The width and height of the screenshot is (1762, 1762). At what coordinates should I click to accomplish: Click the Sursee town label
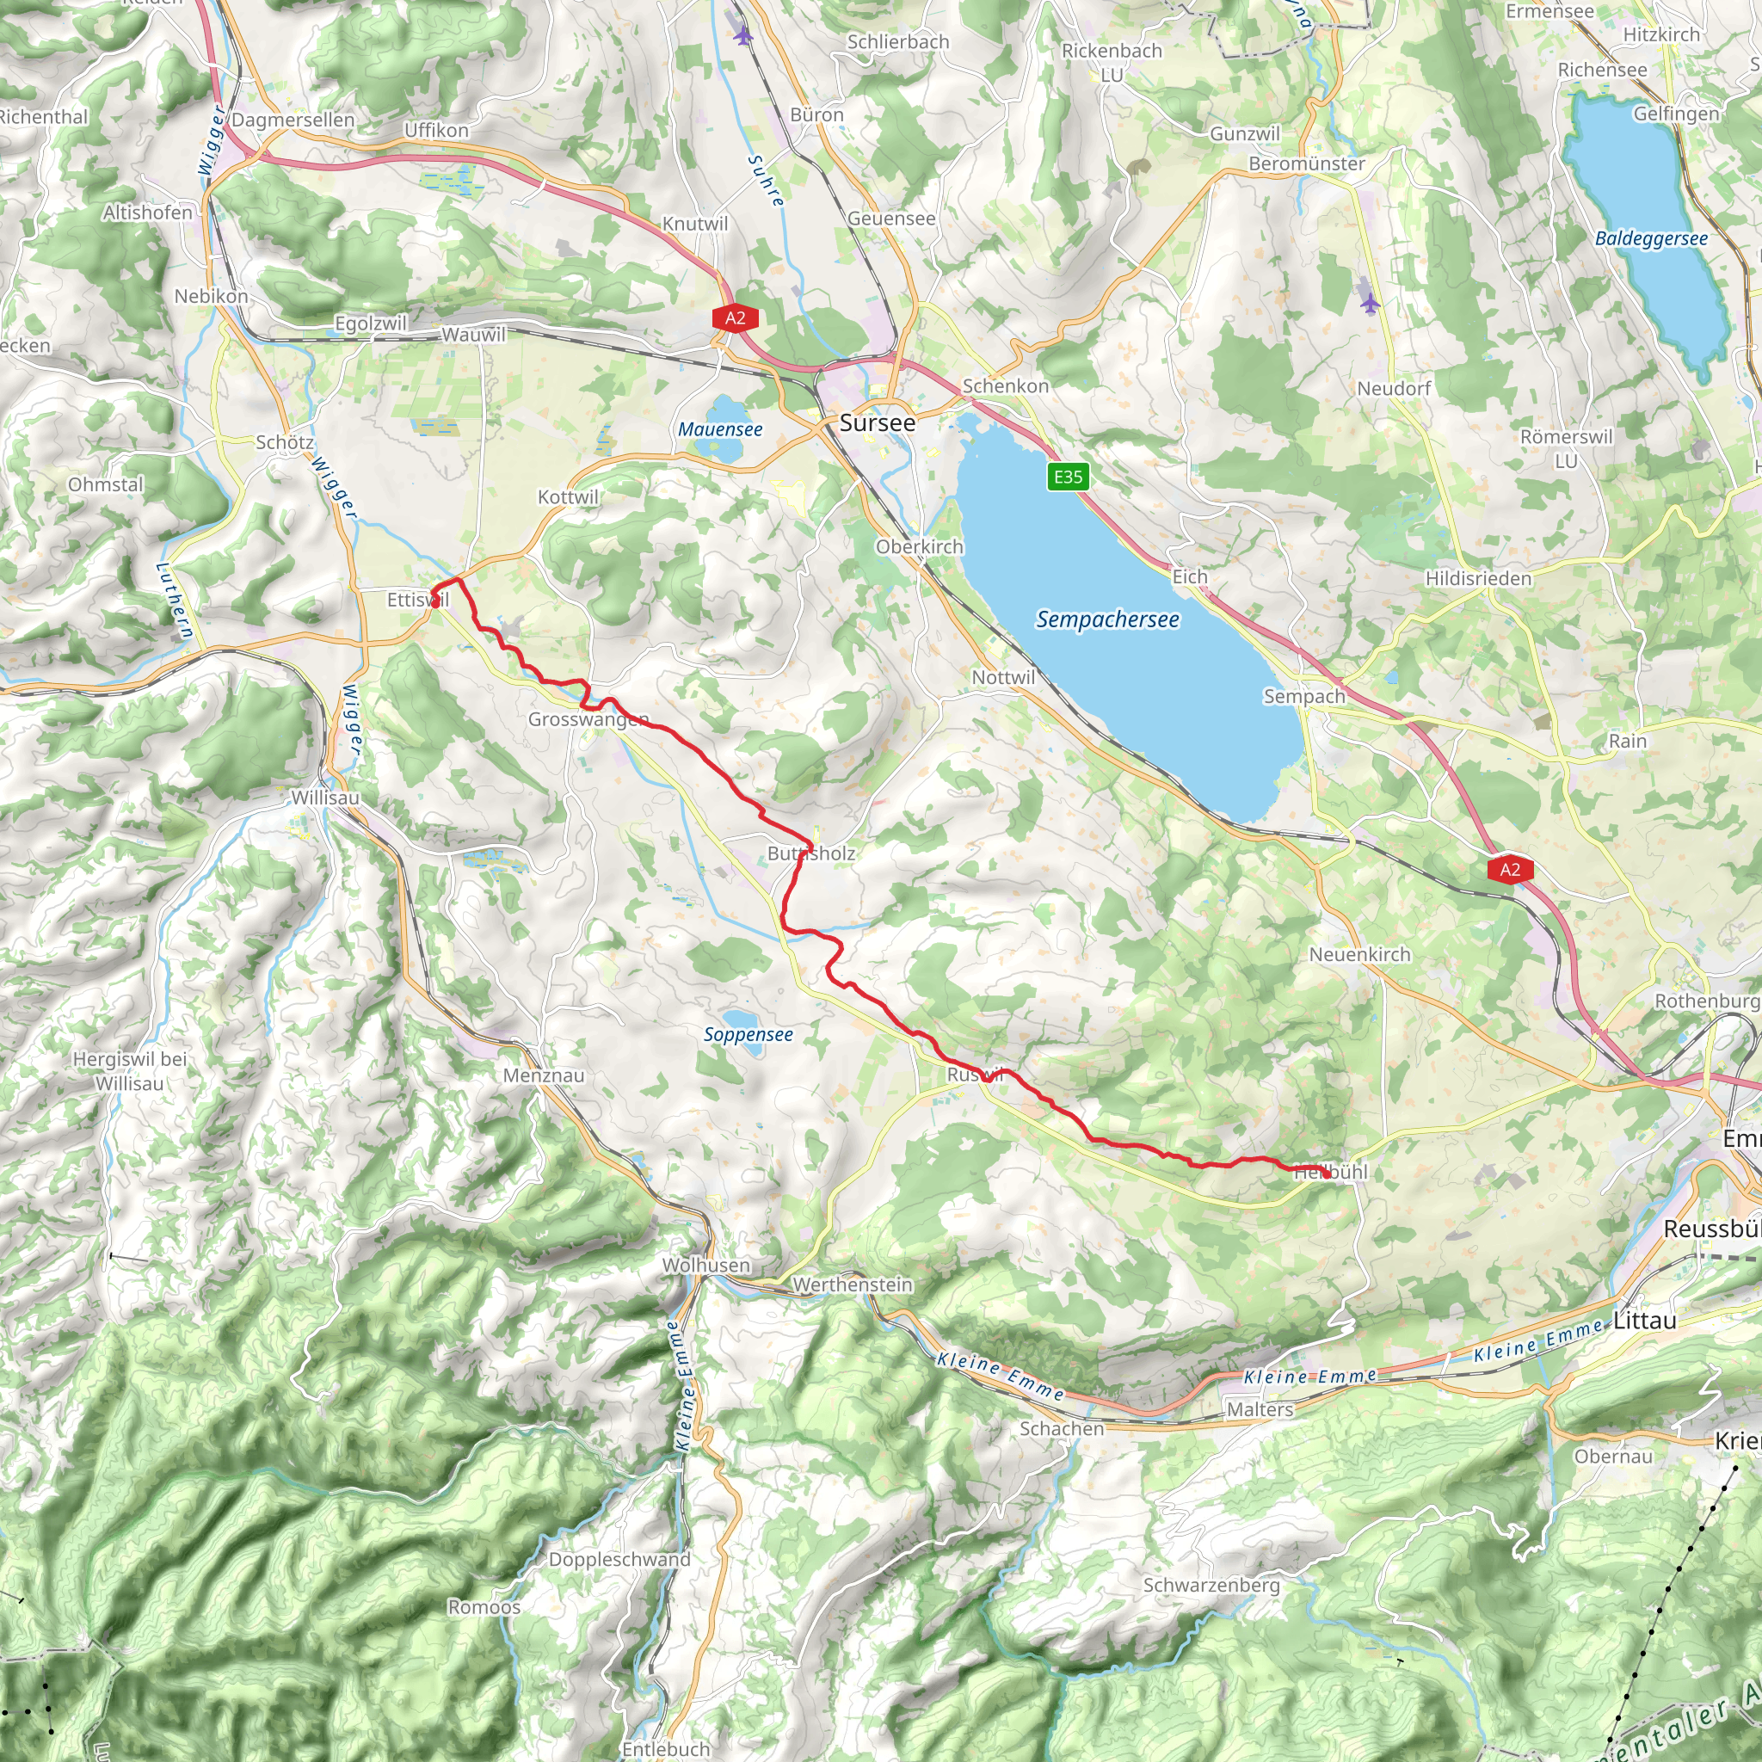pyautogui.click(x=877, y=422)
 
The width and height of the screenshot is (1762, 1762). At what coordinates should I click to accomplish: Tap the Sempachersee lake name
pyautogui.click(x=1107, y=619)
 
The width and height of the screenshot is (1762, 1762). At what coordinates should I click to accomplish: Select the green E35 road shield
pyautogui.click(x=1068, y=476)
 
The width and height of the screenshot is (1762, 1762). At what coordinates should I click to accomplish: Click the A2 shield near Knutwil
pyautogui.click(x=735, y=317)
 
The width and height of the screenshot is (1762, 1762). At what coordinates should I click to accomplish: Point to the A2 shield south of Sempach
pyautogui.click(x=1509, y=869)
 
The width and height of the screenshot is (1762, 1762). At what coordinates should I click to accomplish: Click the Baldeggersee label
pyautogui.click(x=1651, y=238)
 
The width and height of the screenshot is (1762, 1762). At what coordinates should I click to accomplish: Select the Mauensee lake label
pyautogui.click(x=719, y=429)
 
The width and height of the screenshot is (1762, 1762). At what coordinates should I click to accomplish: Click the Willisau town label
pyautogui.click(x=324, y=797)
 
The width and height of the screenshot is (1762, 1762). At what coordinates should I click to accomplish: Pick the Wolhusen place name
pyautogui.click(x=705, y=1265)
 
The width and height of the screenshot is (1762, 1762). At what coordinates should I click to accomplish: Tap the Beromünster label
pyautogui.click(x=1306, y=163)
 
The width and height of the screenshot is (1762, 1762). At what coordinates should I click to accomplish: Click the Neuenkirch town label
pyautogui.click(x=1358, y=954)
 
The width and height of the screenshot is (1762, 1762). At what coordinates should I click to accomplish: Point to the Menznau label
pyautogui.click(x=544, y=1075)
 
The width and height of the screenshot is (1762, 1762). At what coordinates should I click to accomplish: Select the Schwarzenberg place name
pyautogui.click(x=1211, y=1585)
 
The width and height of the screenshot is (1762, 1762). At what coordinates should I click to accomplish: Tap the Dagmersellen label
pyautogui.click(x=293, y=120)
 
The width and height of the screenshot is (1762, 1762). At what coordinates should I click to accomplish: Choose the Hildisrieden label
pyautogui.click(x=1478, y=578)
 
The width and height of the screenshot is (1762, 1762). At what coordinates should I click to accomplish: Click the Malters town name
pyautogui.click(x=1260, y=1409)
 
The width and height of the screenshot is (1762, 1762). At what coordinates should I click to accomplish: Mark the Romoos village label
pyautogui.click(x=484, y=1607)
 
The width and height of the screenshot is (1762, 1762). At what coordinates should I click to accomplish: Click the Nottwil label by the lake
pyautogui.click(x=1003, y=677)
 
